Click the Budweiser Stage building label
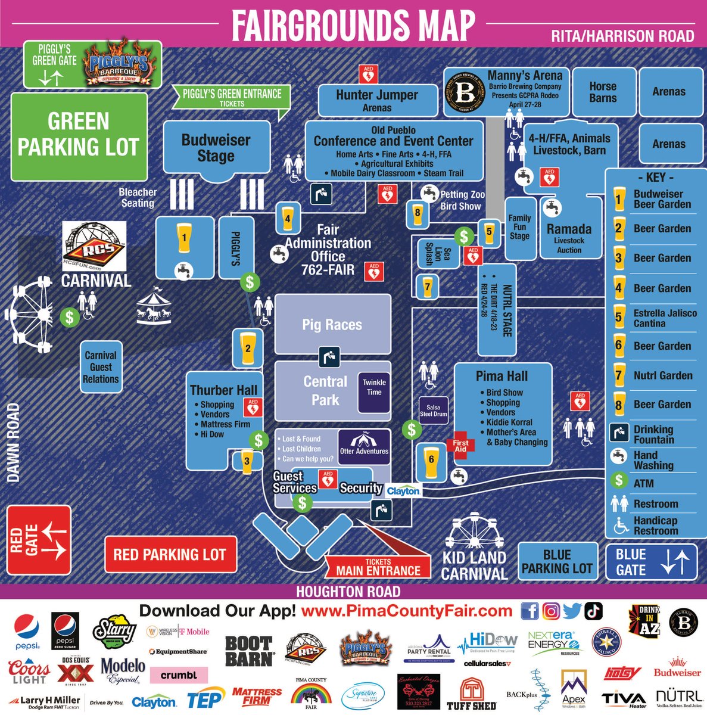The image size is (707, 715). [x=216, y=148]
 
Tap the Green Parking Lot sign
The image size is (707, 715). [x=79, y=135]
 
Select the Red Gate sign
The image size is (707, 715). [x=39, y=540]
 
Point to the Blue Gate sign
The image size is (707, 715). [x=651, y=561]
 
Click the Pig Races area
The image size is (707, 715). [x=332, y=325]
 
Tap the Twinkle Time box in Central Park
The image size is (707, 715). [x=374, y=387]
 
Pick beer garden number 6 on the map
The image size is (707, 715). [x=431, y=461]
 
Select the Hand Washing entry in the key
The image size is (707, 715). [x=652, y=460]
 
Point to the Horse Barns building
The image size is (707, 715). [x=603, y=92]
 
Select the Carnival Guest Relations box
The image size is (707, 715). [x=101, y=367]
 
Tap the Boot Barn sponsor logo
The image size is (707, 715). [x=248, y=651]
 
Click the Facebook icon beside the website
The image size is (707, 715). [x=530, y=611]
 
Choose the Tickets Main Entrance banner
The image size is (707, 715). [x=378, y=567]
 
